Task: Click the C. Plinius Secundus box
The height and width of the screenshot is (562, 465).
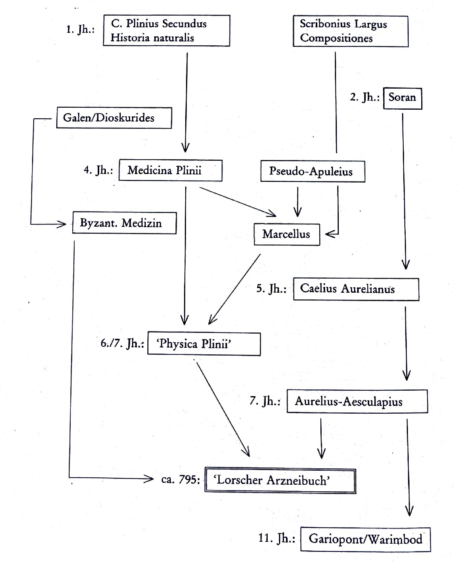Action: click(166, 30)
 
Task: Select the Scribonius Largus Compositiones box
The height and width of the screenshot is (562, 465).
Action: click(351, 31)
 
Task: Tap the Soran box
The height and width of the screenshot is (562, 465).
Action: click(402, 98)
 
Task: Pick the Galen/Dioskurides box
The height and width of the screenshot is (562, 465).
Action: click(114, 118)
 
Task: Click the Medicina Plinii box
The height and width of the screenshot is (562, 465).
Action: click(170, 171)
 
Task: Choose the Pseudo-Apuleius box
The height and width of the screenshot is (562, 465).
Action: click(313, 171)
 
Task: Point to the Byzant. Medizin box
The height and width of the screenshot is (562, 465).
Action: click(124, 223)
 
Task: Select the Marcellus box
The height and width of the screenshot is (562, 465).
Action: click(287, 234)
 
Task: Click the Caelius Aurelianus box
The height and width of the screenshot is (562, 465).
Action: click(356, 289)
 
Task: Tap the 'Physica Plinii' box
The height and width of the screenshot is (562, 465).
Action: click(204, 344)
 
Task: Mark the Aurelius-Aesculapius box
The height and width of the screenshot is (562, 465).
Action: click(357, 401)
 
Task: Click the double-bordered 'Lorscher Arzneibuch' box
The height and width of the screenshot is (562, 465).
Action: click(280, 480)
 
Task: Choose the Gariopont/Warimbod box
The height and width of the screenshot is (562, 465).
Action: click(365, 539)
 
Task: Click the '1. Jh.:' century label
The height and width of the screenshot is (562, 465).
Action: click(80, 29)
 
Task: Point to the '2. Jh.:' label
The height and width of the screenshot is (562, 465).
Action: click(365, 97)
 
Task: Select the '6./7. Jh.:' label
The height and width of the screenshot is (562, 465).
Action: click(122, 343)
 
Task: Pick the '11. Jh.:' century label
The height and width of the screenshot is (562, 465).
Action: click(277, 539)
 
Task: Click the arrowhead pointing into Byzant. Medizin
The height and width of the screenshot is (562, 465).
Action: click(62, 224)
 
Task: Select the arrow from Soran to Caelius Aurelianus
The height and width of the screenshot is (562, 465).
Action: click(404, 187)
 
